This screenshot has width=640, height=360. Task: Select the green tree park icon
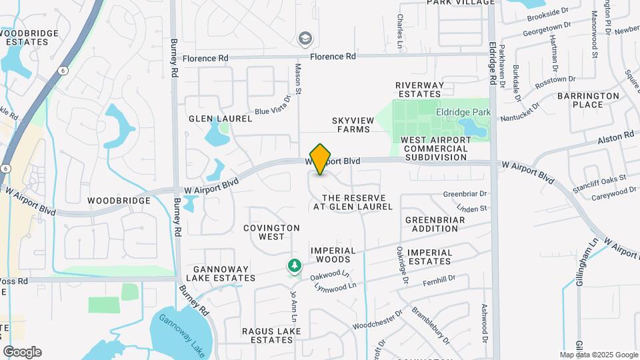294,267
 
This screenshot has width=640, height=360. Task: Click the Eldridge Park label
463,113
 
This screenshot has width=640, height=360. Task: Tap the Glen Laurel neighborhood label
221,119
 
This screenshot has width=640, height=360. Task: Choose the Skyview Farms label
351,124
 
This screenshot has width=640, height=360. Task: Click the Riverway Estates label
419,90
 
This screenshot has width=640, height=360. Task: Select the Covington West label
272,232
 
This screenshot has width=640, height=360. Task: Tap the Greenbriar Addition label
431,224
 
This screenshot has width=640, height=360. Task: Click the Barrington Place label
589,100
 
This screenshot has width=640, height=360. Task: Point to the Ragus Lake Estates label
258,335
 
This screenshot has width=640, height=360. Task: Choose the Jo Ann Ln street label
292,303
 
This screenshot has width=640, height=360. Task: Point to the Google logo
22,352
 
